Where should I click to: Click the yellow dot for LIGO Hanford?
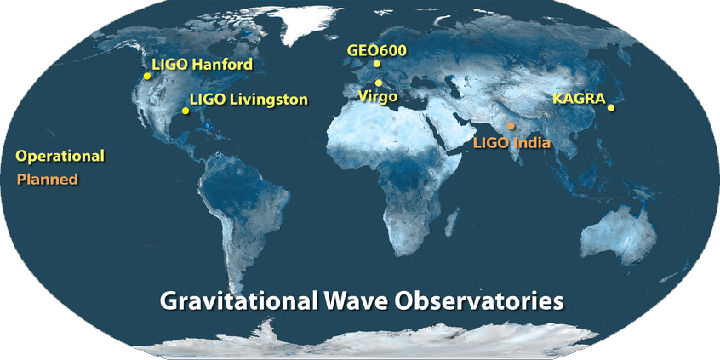(147, 77)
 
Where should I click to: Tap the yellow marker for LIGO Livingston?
(186, 111)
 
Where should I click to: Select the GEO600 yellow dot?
(377, 64)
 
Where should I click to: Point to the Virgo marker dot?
(379, 83)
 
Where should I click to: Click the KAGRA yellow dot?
(611, 108)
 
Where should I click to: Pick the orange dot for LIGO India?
(511, 126)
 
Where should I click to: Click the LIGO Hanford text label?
(202, 65)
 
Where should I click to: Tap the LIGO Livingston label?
(249, 100)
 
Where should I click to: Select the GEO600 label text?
(377, 50)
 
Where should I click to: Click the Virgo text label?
(378, 97)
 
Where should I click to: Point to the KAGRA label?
(580, 99)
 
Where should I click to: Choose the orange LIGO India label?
(512, 143)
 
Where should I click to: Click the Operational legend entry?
(60, 156)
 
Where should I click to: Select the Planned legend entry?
(48, 179)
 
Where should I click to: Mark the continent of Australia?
(619, 236)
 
